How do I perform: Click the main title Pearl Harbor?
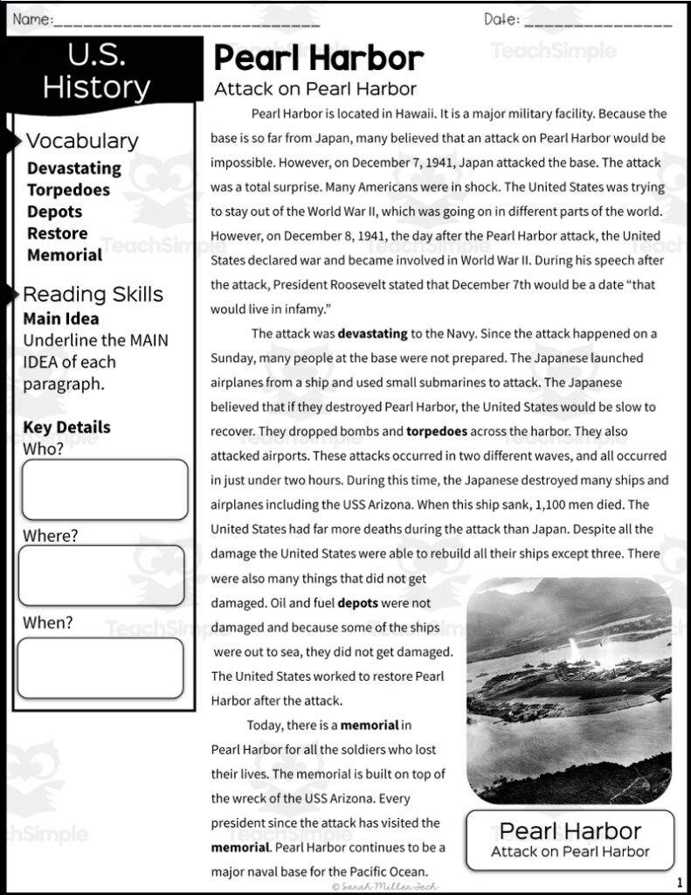point(318,59)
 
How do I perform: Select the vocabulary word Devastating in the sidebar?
point(73,168)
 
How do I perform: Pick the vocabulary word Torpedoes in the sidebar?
point(68,190)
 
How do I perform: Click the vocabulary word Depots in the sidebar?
point(54,212)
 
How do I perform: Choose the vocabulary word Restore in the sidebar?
point(57,233)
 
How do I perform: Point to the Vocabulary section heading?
point(81,141)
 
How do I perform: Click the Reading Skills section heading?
point(93,295)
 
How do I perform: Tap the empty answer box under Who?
point(104,489)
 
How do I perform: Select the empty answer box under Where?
point(101,576)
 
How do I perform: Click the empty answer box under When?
point(100,668)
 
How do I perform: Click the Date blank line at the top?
point(598,20)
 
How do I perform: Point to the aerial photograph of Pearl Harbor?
point(570,690)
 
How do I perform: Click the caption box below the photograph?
point(570,840)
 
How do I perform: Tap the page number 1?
point(679,882)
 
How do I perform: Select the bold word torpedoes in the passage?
point(437,431)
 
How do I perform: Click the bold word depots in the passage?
point(357,603)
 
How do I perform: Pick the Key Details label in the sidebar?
point(66,427)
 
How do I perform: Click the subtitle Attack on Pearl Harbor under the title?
point(314,88)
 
